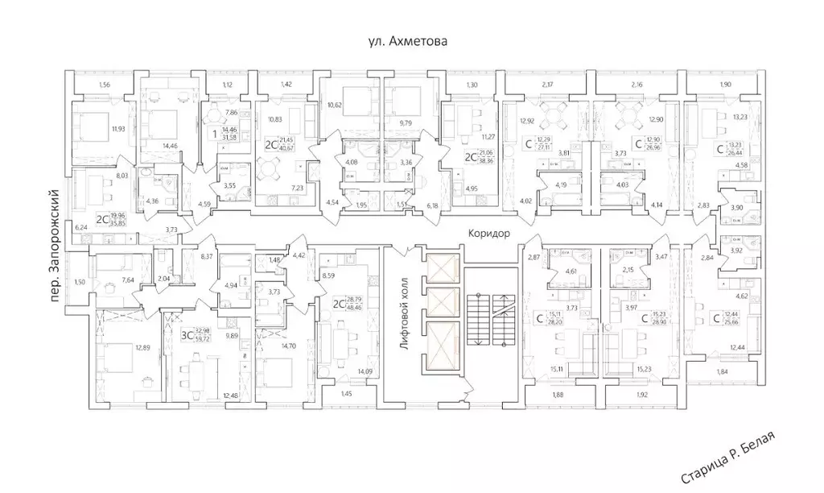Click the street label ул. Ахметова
coord(402,39)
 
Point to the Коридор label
coord(488,232)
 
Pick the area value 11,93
coord(118,128)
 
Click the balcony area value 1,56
coord(105,85)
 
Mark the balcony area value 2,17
coord(549,85)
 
